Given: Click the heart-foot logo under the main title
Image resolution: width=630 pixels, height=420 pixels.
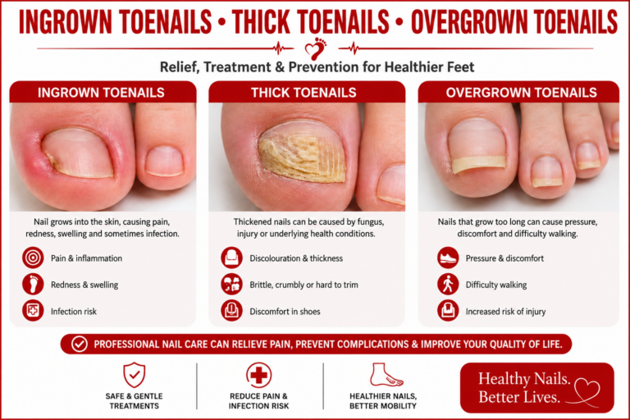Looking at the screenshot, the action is tap(315, 48).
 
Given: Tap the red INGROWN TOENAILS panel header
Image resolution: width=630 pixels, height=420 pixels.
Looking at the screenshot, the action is tap(103, 92).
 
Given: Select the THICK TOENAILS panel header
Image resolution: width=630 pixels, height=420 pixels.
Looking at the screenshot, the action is tap(307, 92).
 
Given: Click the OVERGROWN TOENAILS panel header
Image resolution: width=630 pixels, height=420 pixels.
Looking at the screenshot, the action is tap(518, 92).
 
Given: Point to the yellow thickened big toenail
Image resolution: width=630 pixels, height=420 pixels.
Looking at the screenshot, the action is tap(302, 153).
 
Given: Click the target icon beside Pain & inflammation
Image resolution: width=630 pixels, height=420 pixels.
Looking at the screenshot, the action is tap(33, 258).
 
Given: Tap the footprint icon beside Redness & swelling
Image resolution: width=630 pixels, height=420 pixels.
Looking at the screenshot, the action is tap(33, 284).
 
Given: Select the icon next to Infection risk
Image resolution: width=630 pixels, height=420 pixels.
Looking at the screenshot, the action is tap(33, 311).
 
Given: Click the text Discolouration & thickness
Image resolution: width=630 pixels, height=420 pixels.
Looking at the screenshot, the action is tap(296, 258).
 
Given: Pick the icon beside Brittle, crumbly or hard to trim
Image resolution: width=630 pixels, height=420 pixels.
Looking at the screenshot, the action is tap(232, 284).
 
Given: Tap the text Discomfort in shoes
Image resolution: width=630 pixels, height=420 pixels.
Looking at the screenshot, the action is tap(285, 312).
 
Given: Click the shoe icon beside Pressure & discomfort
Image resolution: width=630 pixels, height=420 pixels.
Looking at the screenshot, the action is tap(448, 258).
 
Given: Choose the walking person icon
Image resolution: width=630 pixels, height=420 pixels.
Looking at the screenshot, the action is tap(448, 284).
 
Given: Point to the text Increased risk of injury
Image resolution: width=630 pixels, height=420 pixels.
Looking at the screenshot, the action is tap(505, 312).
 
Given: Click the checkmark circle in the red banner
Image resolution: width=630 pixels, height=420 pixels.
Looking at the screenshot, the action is tap(80, 344).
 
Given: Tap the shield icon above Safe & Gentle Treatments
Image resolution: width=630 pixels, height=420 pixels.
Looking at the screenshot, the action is tap(135, 375).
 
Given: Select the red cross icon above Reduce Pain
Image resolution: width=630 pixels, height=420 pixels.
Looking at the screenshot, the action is tap(258, 375).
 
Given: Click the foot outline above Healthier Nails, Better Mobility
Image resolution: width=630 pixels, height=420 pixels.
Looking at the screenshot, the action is tap(386, 375).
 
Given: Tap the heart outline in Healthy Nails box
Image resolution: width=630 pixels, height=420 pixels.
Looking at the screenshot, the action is tap(587, 390).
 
